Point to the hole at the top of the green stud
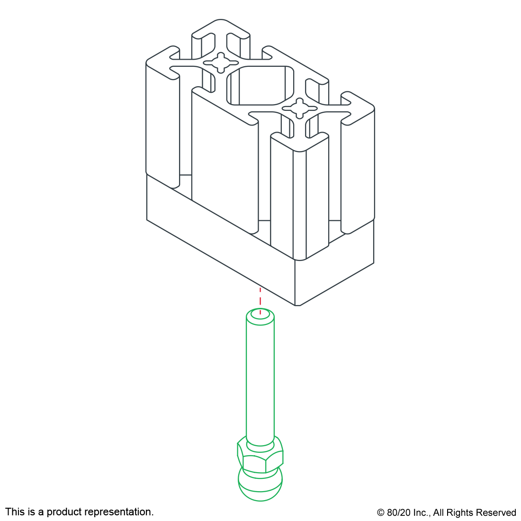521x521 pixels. [260, 314]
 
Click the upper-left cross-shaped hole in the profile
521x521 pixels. [221, 63]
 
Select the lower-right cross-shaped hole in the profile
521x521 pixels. [300, 109]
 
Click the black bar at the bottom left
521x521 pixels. [79, 512]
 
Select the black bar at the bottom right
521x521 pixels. [446, 513]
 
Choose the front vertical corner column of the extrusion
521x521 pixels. [299, 199]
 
